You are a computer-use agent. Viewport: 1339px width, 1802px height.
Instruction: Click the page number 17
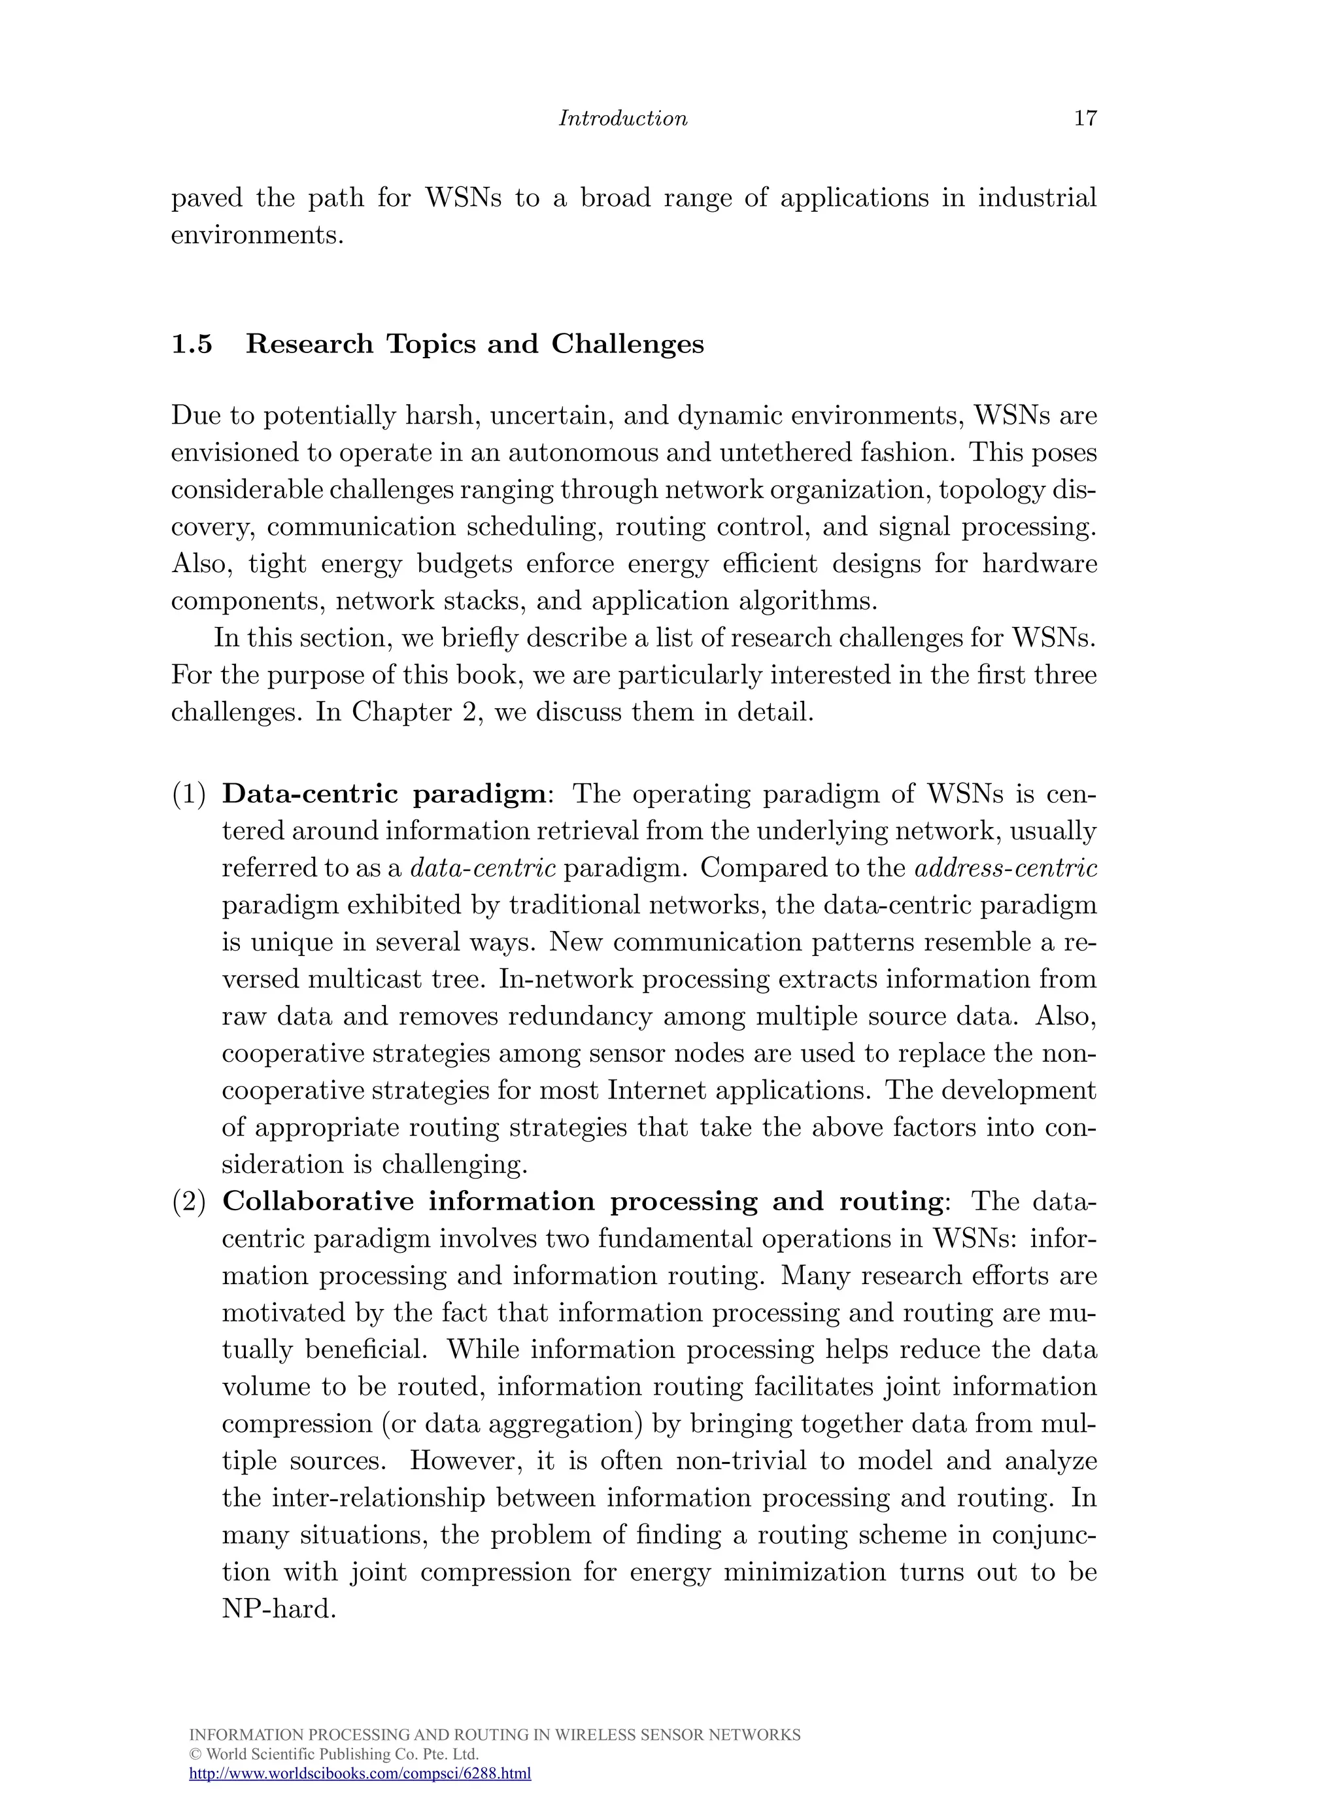[x=1085, y=118]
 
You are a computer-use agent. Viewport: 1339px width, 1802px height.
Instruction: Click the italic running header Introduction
[x=622, y=118]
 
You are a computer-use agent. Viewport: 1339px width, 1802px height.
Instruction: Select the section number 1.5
[x=192, y=344]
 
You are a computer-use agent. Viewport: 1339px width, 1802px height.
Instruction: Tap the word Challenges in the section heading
[x=628, y=344]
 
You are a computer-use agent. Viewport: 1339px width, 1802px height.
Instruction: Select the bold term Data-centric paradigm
[x=384, y=794]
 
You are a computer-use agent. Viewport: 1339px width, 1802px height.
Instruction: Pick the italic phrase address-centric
[x=1005, y=868]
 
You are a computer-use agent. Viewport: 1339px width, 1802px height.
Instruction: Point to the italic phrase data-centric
[x=483, y=868]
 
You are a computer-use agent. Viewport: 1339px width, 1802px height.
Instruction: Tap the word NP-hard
[x=278, y=1608]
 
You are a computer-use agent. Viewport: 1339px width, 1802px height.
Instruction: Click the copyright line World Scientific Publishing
[x=333, y=1754]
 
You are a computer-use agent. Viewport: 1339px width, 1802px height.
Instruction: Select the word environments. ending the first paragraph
[x=258, y=235]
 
